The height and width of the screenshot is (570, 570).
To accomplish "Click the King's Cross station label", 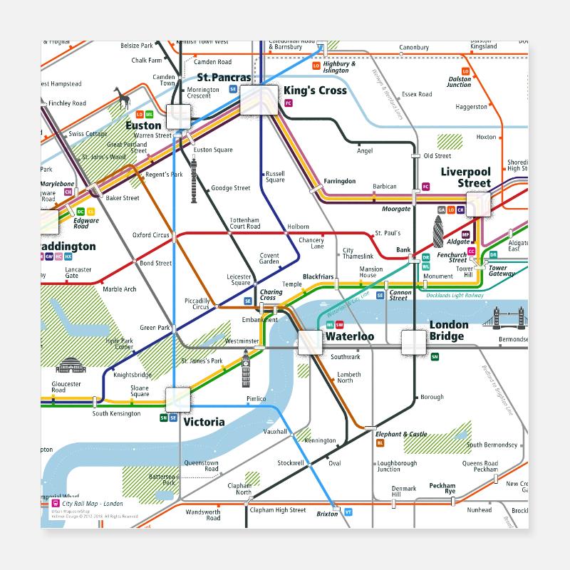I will coord(315,90).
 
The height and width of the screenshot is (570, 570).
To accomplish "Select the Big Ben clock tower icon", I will coord(246,368).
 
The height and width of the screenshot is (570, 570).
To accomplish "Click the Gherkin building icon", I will coord(438,232).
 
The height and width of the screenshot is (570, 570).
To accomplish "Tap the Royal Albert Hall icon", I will coord(70,366).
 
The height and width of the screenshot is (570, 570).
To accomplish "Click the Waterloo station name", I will coord(349,336).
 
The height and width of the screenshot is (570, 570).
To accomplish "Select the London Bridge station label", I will coord(449,331).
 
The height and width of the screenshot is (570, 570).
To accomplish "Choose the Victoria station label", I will coord(204,422).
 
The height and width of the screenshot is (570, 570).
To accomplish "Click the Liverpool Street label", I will coord(466,177).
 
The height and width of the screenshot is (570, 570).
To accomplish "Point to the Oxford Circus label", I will coord(151,235).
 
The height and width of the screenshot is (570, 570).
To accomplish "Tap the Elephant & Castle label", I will coord(401,434).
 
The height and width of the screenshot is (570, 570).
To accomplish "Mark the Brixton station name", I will coord(328,514).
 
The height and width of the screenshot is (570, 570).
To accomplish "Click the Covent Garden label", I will coord(269,258).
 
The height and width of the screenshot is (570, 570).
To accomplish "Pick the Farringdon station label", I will coord(339,181).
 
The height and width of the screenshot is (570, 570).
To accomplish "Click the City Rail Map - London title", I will coord(92,504).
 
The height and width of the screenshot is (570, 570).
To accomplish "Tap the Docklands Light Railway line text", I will coord(455,295).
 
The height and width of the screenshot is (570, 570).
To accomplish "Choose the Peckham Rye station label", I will coord(442,489).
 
